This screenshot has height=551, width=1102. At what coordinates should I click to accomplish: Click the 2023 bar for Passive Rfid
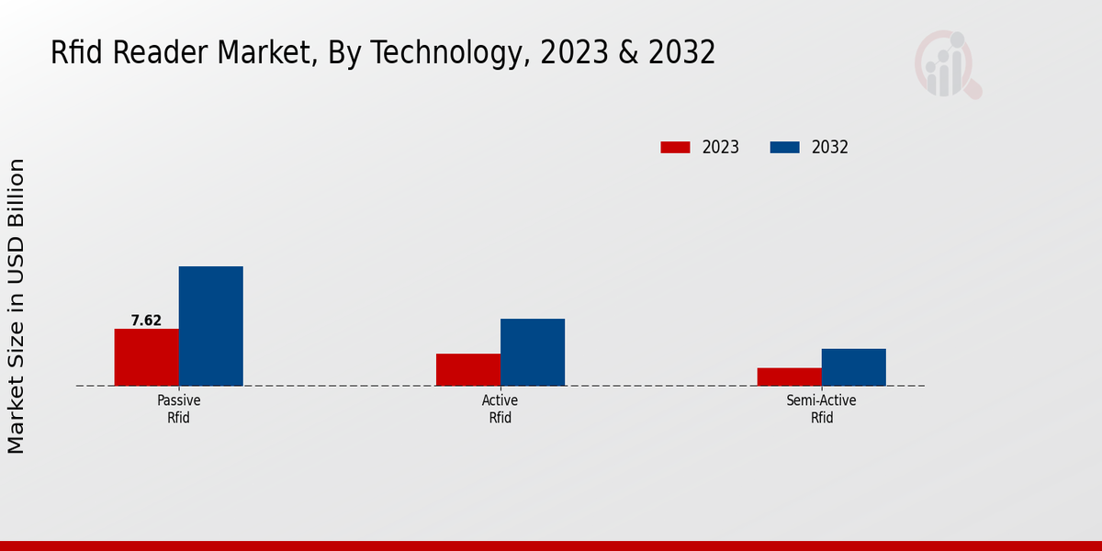146,357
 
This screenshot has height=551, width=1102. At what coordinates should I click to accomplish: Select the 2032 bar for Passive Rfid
210,326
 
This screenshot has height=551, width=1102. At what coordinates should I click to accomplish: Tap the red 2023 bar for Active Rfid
468,369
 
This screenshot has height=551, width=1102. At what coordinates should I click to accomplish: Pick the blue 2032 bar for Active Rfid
533,352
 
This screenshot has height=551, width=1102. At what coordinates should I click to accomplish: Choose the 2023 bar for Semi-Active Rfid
790,377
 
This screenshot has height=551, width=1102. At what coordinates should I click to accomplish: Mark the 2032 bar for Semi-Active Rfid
854,367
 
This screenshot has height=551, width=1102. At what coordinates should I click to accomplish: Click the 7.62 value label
146,320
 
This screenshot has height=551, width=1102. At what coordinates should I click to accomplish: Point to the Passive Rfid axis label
178,409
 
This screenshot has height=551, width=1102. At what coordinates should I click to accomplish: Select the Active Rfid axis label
500,409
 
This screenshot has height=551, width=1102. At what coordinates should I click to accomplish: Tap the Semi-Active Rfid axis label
821,409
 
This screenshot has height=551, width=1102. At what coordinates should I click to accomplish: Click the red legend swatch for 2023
675,147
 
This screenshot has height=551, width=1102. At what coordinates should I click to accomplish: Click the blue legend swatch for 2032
783,147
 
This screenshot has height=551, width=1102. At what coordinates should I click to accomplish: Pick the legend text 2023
721,147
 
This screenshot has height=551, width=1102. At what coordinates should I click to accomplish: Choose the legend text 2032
830,147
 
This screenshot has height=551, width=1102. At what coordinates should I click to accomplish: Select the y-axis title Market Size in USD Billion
17,306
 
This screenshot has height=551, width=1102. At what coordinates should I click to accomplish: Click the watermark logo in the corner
947,64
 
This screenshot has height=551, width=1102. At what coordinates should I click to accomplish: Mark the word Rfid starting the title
77,53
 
